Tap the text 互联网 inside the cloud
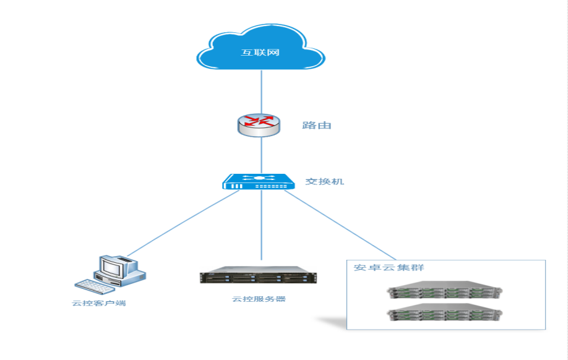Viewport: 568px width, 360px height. click(260, 53)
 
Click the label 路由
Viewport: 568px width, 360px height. click(317, 126)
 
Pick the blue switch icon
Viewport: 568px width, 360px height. click(259, 182)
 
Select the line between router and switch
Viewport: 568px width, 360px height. click(260, 155)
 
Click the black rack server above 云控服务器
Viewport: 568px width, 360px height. click(257, 277)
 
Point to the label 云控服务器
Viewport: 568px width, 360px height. click(259, 299)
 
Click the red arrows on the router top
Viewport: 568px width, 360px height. click(259, 121)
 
